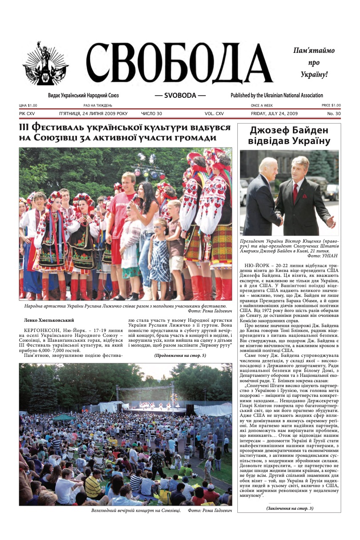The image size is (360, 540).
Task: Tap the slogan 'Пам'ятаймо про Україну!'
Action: click(x=314, y=63)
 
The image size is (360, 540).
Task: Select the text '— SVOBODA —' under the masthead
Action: click(x=180, y=96)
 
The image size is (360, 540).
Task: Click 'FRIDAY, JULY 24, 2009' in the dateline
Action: click(x=274, y=114)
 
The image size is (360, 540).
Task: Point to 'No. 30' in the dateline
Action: click(x=334, y=114)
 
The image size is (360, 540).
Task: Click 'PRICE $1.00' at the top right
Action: click(x=331, y=105)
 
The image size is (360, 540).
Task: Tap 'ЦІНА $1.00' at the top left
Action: click(x=28, y=105)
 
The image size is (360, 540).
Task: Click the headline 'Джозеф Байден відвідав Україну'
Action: click(x=289, y=136)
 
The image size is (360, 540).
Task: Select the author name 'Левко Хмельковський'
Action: click(x=49, y=320)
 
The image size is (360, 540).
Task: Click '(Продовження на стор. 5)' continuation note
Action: click(x=180, y=356)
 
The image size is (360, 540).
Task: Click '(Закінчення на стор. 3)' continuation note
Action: click(x=289, y=508)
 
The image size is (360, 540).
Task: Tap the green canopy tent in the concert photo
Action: click(x=64, y=417)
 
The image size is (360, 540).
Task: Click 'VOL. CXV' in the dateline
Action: click(x=214, y=114)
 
